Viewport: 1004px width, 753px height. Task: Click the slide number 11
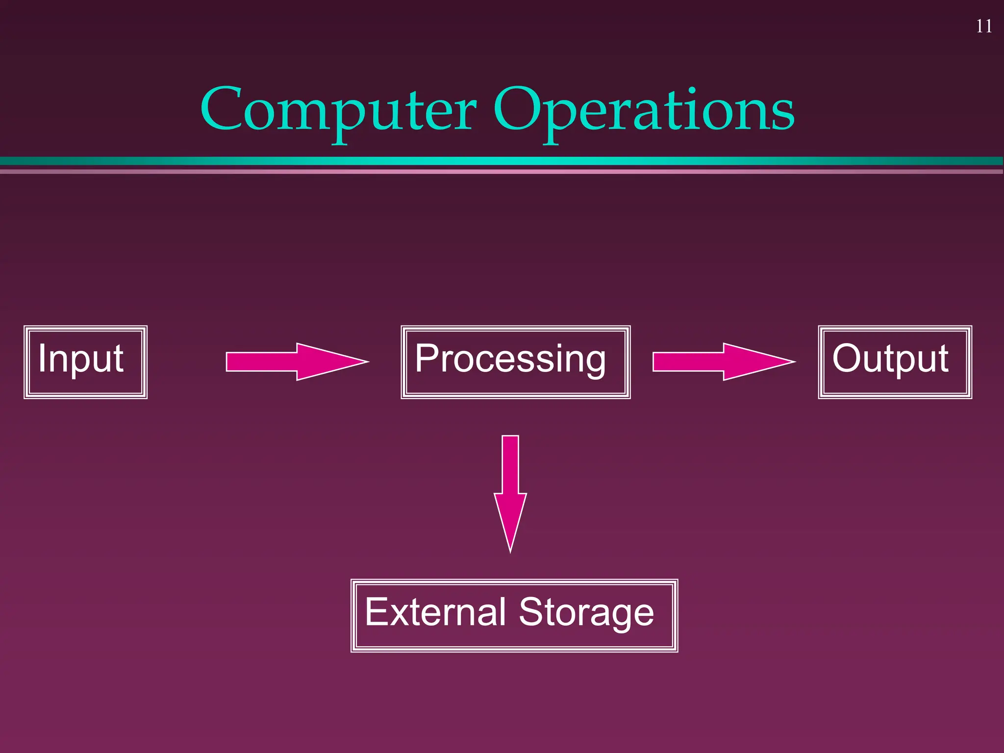(x=984, y=26)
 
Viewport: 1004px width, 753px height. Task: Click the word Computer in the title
(x=338, y=110)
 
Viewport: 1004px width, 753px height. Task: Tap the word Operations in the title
(x=643, y=110)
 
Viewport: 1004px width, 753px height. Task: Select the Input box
(x=85, y=362)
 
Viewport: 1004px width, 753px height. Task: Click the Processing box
(x=515, y=362)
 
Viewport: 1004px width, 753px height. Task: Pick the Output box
(x=895, y=362)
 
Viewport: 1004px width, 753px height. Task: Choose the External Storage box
(x=514, y=615)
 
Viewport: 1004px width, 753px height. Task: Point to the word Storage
(x=586, y=613)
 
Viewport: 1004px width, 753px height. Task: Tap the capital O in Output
(x=846, y=358)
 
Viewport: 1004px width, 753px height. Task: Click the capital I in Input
(x=42, y=358)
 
